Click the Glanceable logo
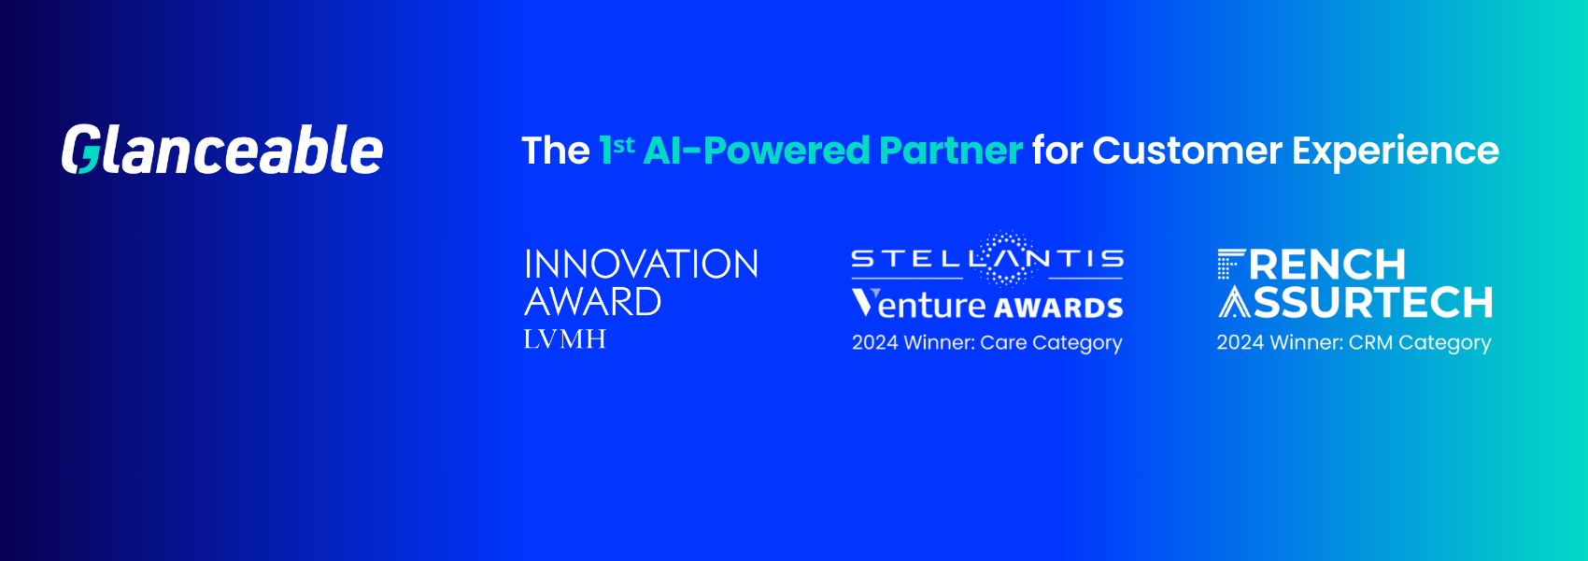pos(222,149)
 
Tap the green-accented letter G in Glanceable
pos(80,149)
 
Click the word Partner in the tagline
pos(951,151)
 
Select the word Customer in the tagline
pos(1187,151)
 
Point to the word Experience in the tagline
pos(1396,151)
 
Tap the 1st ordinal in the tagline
pos(617,149)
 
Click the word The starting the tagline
pos(555,151)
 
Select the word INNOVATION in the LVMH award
pos(642,264)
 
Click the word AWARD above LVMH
pos(592,301)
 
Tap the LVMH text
pos(565,339)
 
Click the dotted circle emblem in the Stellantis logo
pos(1005,258)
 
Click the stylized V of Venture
pos(865,302)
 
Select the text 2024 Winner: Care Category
pos(986,342)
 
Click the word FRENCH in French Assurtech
pos(1312,265)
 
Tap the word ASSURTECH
pos(1355,302)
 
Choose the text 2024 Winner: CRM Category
pos(1354,342)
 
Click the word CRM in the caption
pos(1371,342)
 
